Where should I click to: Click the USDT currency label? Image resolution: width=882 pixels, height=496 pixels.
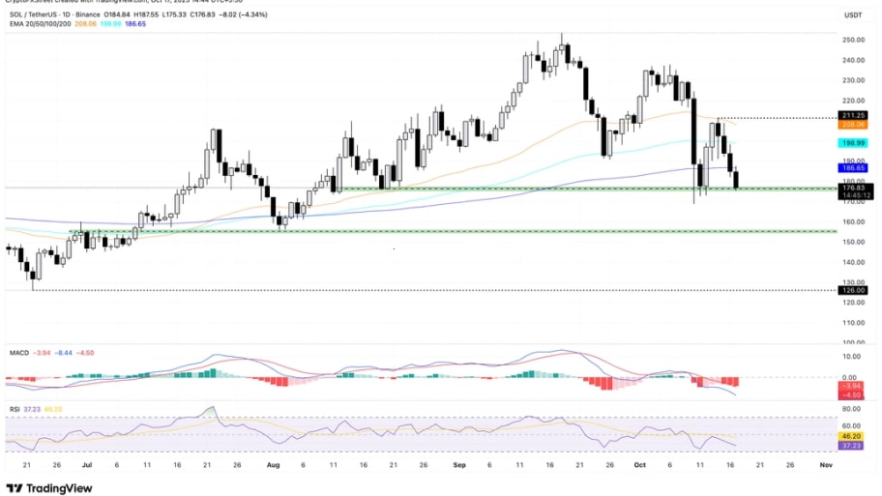coord(853,15)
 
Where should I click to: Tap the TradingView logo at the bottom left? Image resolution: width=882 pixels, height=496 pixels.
coord(49,487)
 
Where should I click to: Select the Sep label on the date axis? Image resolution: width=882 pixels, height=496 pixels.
coord(459,465)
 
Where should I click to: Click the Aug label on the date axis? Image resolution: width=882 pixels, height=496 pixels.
coord(272,465)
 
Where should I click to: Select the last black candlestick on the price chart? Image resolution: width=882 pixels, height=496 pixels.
coord(737,179)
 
